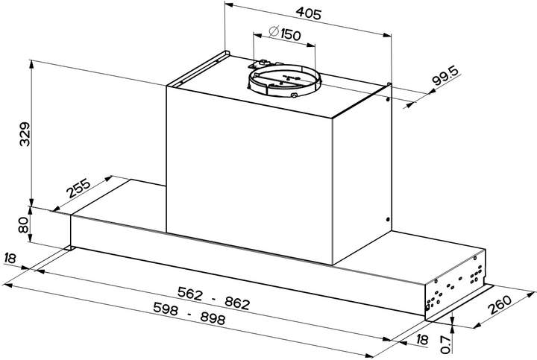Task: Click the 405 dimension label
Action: coord(309,13)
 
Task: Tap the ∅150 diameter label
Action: coord(285,34)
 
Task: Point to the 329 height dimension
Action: coord(25,134)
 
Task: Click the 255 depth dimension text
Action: coord(79,188)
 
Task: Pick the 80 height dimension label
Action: coord(23,225)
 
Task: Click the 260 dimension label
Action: coord(500,304)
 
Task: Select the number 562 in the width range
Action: coord(190,293)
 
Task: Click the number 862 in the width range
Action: coord(237,303)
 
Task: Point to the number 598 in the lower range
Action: coord(166,309)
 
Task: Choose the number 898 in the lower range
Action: coord(213,318)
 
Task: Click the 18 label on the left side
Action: coord(10,258)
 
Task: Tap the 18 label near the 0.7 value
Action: coord(422,339)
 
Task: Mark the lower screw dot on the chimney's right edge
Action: coord(387,219)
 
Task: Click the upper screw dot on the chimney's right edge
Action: coord(387,100)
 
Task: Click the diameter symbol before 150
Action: coord(274,31)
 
